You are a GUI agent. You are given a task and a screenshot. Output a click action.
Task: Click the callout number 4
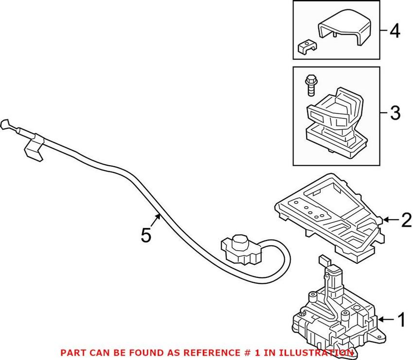pyautogui.click(x=395, y=32)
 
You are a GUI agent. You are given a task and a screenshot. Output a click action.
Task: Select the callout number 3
pyautogui.click(x=395, y=114)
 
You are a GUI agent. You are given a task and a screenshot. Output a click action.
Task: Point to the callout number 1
pyautogui.click(x=401, y=320)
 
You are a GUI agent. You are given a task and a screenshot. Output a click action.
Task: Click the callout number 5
pyautogui.click(x=146, y=236)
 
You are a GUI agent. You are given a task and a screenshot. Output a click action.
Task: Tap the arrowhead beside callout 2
pyautogui.click(x=386, y=220)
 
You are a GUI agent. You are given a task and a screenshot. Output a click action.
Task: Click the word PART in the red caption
pyautogui.click(x=71, y=352)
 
